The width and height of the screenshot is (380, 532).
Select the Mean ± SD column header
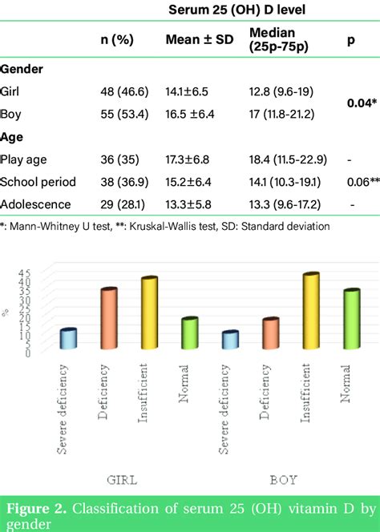click(199, 40)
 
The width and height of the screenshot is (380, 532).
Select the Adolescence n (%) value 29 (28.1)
click(116, 204)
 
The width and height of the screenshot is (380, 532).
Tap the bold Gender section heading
click(22, 69)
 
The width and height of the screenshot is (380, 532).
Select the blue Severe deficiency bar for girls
click(69, 339)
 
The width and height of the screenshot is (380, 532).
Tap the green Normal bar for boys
click(350, 319)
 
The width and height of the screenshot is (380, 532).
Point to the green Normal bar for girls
click(188, 333)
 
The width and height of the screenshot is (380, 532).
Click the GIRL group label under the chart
click(122, 480)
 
